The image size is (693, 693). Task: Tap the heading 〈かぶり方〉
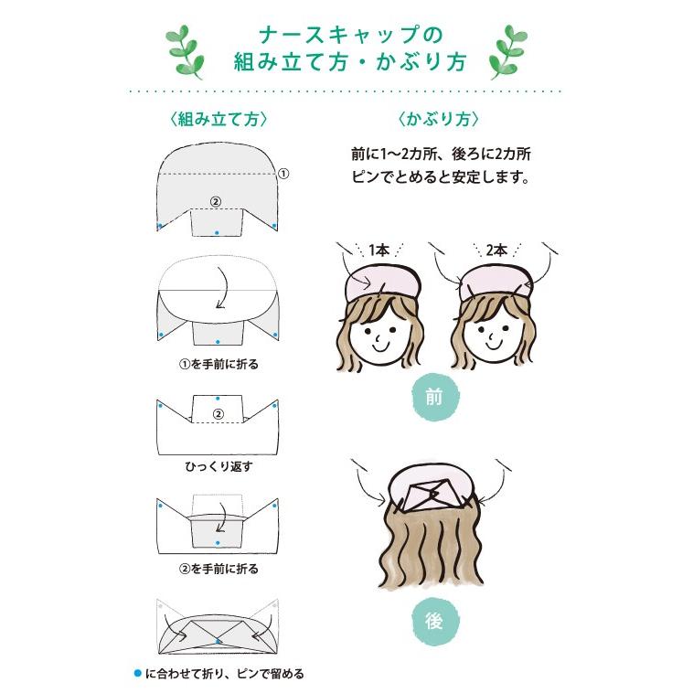tap(438, 120)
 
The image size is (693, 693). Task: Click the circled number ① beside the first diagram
tap(283, 173)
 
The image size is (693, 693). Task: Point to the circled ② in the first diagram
tap(216, 201)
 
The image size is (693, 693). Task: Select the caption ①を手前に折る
tap(219, 364)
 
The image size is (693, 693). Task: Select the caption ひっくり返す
tap(219, 466)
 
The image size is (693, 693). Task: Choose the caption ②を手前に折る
tap(219, 569)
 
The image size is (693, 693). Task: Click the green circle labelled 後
tap(433, 621)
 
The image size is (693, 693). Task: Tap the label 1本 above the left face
tap(377, 251)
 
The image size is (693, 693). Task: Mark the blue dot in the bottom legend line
tap(137, 673)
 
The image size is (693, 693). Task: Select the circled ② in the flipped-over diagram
tap(218, 414)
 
